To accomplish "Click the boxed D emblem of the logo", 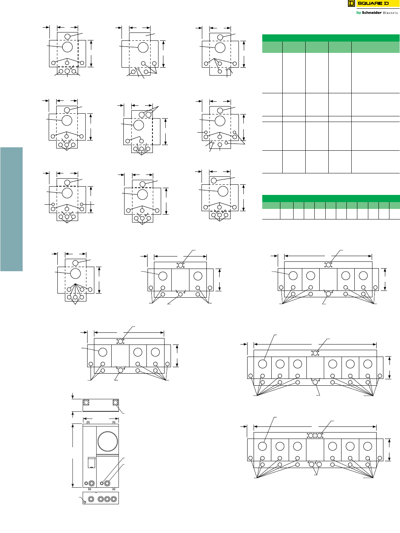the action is [x=351, y=3].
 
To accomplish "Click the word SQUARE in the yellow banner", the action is [x=368, y=3].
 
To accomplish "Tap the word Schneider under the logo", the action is [x=371, y=13].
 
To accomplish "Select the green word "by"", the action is [x=358, y=13].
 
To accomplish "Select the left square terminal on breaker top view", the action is [x=86, y=403].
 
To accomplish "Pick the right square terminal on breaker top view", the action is [x=115, y=403].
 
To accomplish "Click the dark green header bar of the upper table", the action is [x=331, y=38].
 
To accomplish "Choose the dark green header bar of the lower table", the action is [x=331, y=198].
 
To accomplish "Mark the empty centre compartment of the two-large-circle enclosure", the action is [x=180, y=280].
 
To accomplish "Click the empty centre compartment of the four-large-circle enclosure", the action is [x=328, y=280].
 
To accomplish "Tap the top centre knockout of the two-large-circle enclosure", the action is [x=180, y=265].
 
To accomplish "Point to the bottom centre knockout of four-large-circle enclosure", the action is [x=328, y=294].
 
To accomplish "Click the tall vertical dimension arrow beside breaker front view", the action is [x=73, y=455].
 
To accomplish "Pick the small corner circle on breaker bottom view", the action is [x=85, y=502].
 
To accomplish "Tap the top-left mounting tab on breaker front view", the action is [x=88, y=422].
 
